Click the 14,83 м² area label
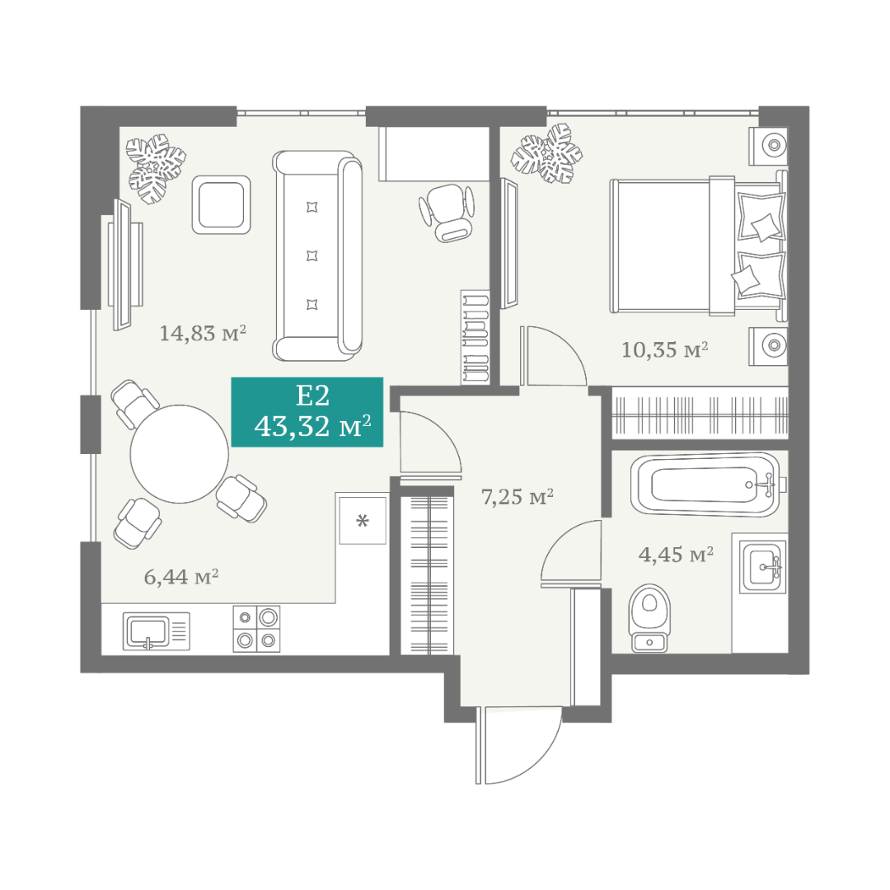pyautogui.click(x=203, y=333)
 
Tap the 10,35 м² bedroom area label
pyautogui.click(x=665, y=349)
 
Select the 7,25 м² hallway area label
pyautogui.click(x=517, y=497)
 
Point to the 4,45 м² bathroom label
pyautogui.click(x=676, y=554)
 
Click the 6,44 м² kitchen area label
pyautogui.click(x=181, y=577)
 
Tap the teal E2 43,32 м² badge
pyautogui.click(x=307, y=412)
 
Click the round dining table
pyautogui.click(x=180, y=453)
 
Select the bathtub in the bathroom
pyautogui.click(x=707, y=485)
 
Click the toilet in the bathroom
pyautogui.click(x=650, y=617)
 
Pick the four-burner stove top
pyautogui.click(x=256, y=628)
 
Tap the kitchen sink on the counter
pyautogui.click(x=156, y=630)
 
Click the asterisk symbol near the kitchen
pyautogui.click(x=362, y=520)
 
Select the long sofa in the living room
pyautogui.click(x=317, y=255)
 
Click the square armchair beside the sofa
pyautogui.click(x=222, y=204)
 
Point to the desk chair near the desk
pyautogui.click(x=447, y=213)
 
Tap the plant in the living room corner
pyautogui.click(x=156, y=168)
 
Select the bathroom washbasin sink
pyautogui.click(x=764, y=566)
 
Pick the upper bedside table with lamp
pyautogui.click(x=768, y=146)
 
